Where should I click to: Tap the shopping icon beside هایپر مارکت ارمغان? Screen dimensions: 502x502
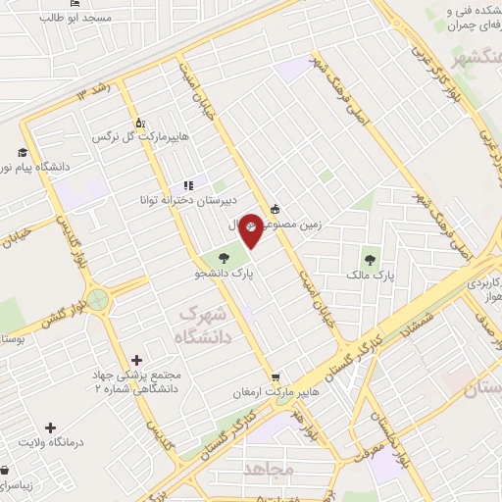point(277,376)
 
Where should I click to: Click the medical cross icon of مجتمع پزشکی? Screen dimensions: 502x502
point(136,360)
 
